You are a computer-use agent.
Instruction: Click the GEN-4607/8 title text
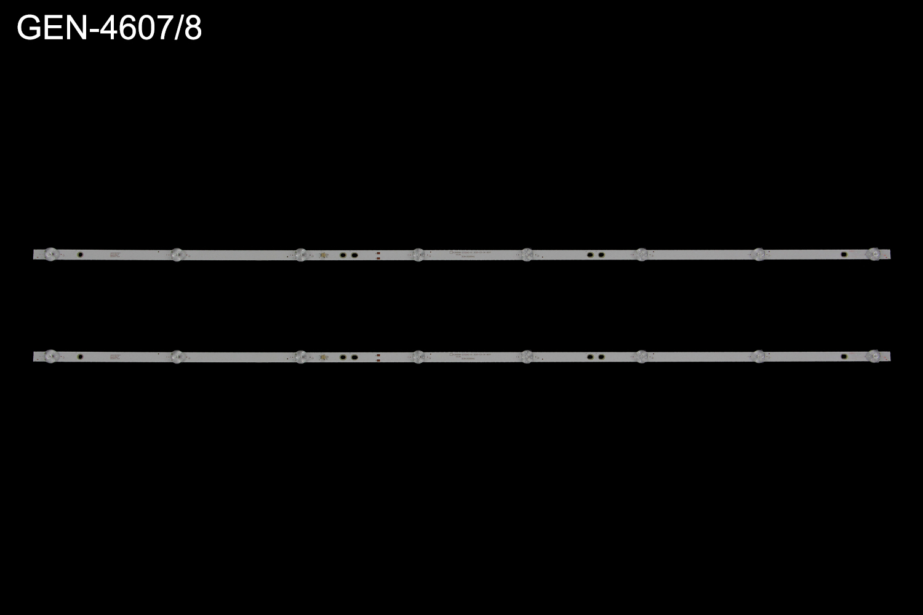(109, 28)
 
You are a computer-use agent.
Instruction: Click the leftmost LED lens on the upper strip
(51, 253)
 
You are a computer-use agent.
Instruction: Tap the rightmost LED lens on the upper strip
(873, 253)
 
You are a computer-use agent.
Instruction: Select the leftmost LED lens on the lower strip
(51, 355)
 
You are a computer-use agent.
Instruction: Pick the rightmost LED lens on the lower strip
(873, 355)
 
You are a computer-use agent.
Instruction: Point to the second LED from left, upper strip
(177, 253)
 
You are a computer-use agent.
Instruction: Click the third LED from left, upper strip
(300, 254)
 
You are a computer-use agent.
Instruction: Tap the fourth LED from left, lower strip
(418, 356)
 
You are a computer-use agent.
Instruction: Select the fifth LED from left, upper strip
(527, 254)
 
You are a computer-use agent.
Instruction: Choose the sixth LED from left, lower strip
(642, 356)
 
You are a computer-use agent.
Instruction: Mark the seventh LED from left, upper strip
(758, 254)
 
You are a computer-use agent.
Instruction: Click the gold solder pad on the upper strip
(324, 255)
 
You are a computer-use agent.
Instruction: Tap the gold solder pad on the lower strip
(324, 357)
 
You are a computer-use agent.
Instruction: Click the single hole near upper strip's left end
(79, 254)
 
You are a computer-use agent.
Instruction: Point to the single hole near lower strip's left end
(79, 356)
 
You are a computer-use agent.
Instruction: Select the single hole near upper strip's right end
(843, 254)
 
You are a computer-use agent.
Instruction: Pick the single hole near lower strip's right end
(843, 356)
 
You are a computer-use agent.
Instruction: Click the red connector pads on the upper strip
(378, 255)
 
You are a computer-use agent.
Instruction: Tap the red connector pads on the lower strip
(378, 357)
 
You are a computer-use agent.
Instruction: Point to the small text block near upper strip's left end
(115, 254)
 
